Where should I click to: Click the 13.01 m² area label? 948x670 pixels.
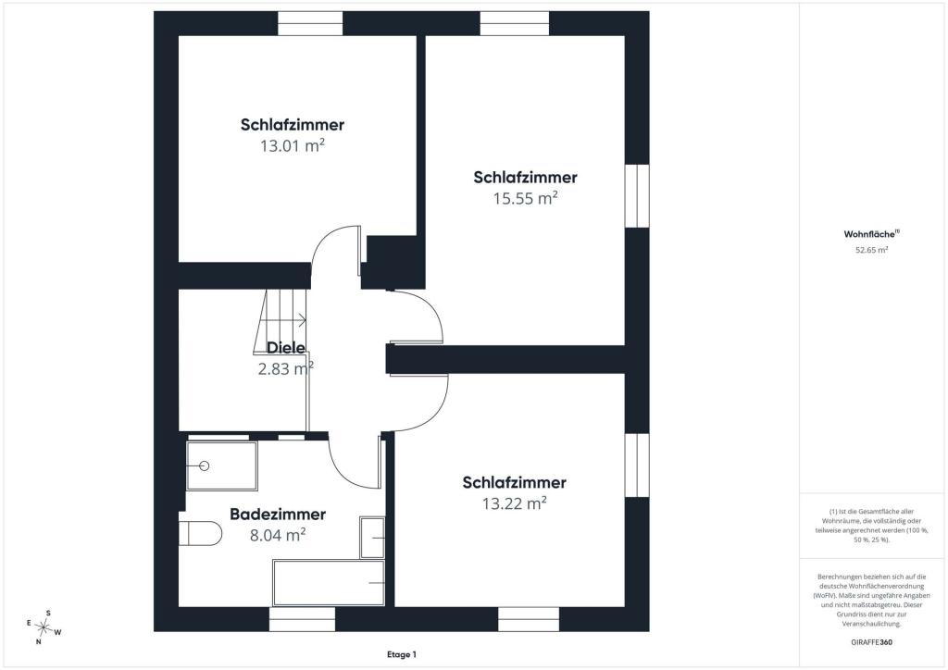click(x=293, y=145)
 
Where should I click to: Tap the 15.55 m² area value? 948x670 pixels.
click(x=526, y=198)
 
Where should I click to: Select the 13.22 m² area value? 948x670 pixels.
click(x=515, y=503)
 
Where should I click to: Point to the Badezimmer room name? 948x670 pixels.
click(x=278, y=515)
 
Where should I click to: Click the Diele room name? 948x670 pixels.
click(x=286, y=347)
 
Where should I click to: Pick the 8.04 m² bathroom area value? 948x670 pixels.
click(x=278, y=535)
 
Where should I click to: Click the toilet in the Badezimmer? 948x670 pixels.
click(x=201, y=533)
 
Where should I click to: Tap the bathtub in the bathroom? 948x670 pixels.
click(x=329, y=583)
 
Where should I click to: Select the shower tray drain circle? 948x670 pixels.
click(x=205, y=465)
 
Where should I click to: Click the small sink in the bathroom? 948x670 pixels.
click(x=372, y=537)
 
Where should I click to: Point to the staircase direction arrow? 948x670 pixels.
click(x=292, y=320)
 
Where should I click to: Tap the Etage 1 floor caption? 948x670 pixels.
click(x=402, y=654)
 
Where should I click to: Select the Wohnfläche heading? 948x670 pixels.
click(x=871, y=234)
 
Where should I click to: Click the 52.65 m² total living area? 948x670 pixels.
click(x=871, y=250)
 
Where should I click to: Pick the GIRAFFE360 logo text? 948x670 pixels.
click(x=871, y=642)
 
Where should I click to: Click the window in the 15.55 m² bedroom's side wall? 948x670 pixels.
click(x=637, y=196)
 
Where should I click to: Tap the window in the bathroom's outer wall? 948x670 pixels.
click(x=302, y=619)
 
